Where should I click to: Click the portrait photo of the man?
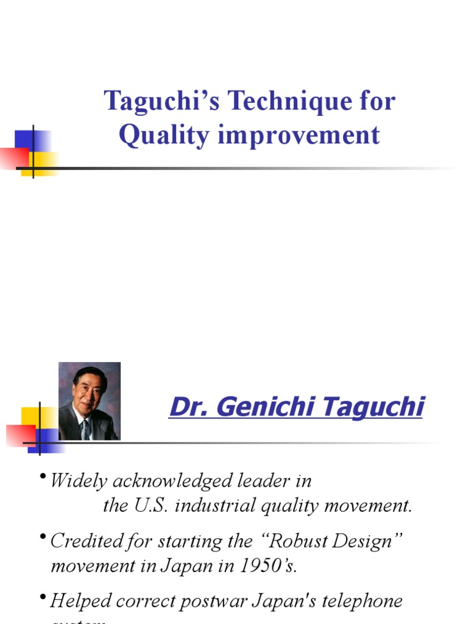click(x=89, y=401)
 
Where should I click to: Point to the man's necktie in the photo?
click(x=85, y=429)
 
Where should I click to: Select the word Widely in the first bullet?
click(x=76, y=481)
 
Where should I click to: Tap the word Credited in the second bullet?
click(x=84, y=541)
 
